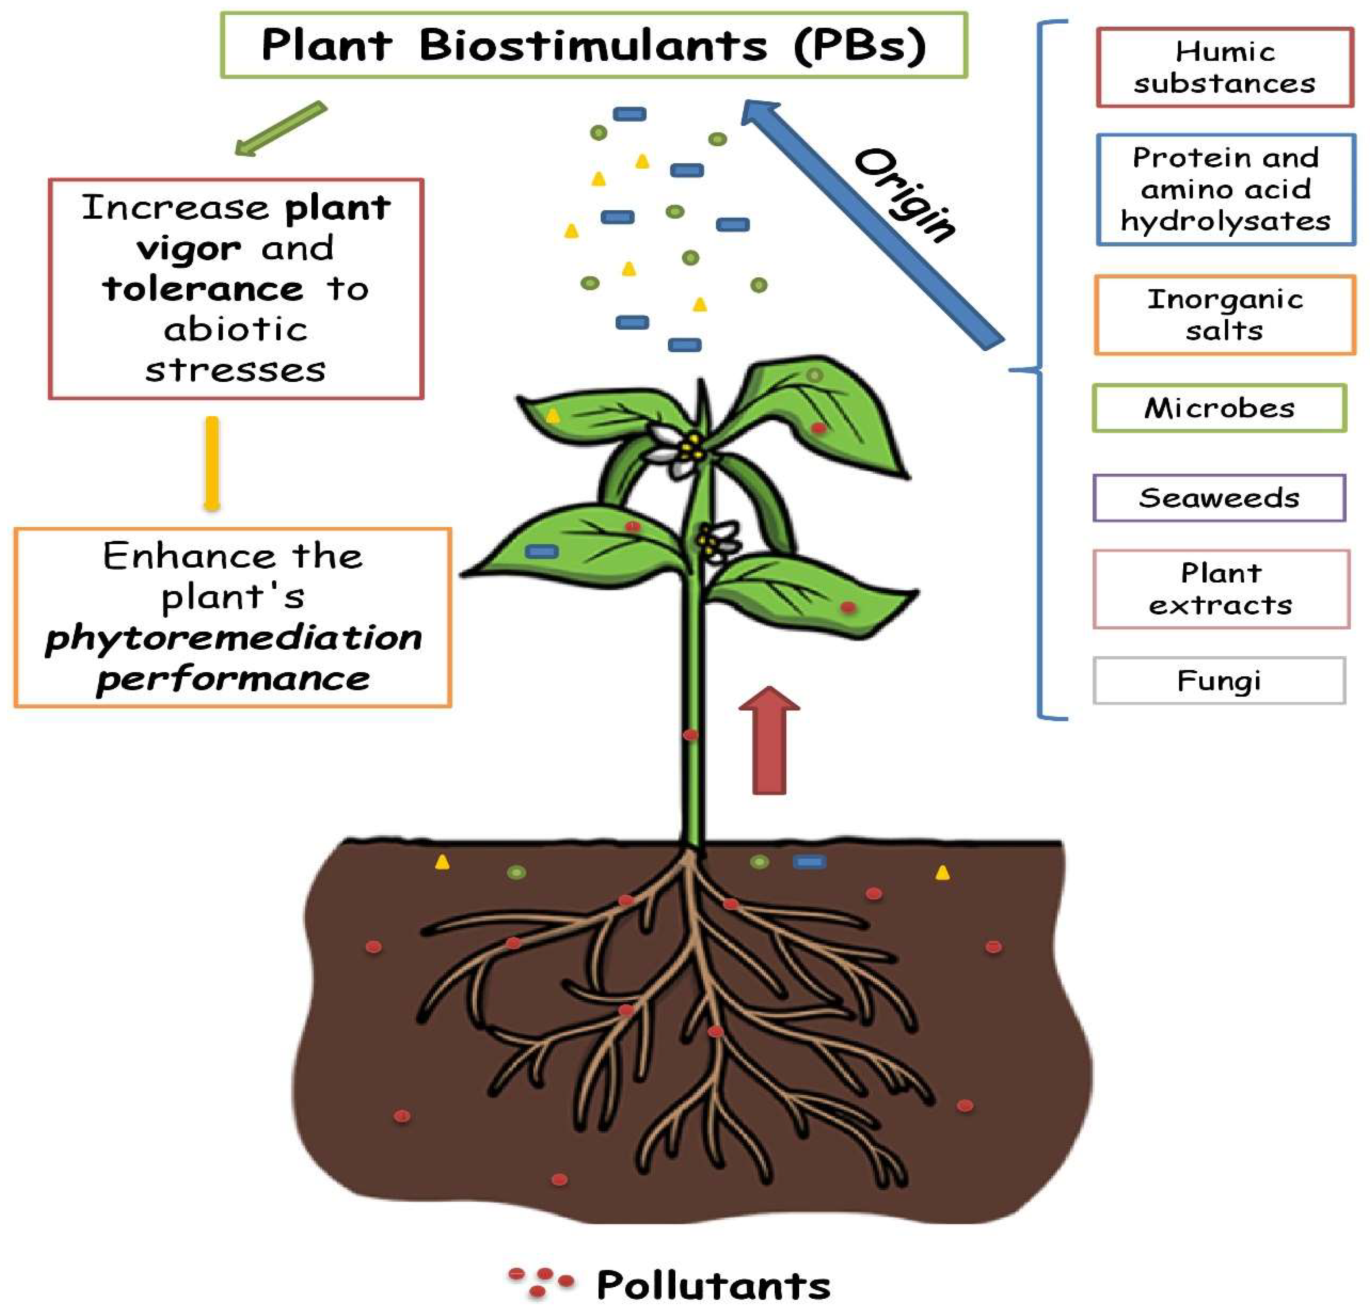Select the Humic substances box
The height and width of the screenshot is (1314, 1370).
(1224, 67)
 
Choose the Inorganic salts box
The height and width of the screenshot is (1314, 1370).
(1224, 314)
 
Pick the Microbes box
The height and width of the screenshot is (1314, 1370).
(1219, 407)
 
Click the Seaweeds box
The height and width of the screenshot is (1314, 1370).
(1219, 498)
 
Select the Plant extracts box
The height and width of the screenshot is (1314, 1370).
(1221, 589)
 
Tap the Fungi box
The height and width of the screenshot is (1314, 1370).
(1219, 680)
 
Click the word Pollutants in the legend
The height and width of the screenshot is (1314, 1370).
(713, 1285)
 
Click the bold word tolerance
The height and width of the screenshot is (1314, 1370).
(203, 289)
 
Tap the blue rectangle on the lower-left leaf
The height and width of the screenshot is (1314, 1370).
(542, 551)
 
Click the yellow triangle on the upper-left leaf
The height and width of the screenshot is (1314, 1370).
(553, 416)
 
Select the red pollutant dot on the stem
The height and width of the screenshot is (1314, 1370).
(690, 734)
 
